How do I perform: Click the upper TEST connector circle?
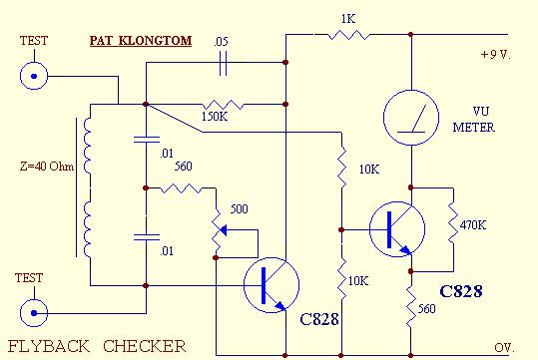point(36,75)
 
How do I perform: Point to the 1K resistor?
point(346,36)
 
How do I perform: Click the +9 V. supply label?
point(494,54)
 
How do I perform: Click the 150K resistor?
point(221,103)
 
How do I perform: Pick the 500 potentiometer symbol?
point(217,231)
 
